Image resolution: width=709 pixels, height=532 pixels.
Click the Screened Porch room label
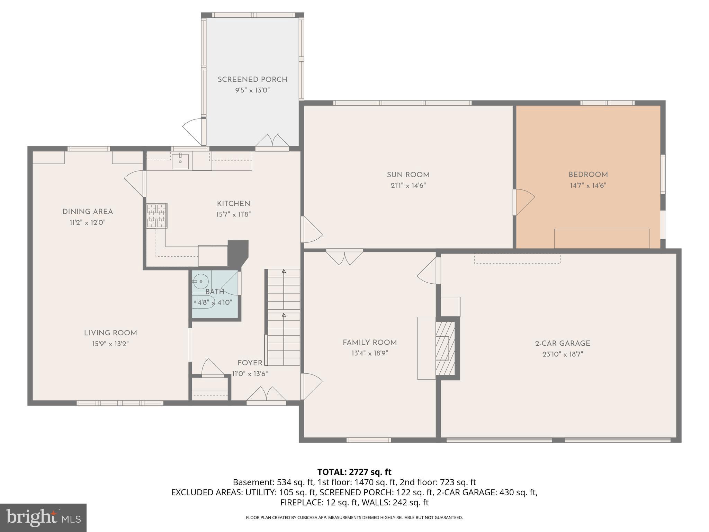[252, 80]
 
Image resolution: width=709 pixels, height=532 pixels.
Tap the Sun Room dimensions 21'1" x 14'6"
[408, 185]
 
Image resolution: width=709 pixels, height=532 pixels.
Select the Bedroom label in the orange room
[588, 175]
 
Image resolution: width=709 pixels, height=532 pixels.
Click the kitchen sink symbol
[180, 162]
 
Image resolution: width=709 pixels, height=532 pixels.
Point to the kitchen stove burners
[157, 215]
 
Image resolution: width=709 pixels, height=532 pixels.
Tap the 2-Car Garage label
[563, 343]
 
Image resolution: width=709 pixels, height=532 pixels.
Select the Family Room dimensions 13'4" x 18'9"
[369, 353]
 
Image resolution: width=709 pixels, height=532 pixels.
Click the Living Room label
[110, 333]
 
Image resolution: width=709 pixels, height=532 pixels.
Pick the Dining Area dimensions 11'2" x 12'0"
[88, 222]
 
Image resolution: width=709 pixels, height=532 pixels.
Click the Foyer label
[250, 363]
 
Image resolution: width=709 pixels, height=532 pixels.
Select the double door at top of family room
[344, 257]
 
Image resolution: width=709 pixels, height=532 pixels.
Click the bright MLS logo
[43, 517]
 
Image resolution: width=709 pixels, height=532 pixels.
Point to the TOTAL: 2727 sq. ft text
[354, 472]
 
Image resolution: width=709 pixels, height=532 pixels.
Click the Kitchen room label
[233, 204]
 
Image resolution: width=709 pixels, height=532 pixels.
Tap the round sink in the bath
[200, 281]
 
